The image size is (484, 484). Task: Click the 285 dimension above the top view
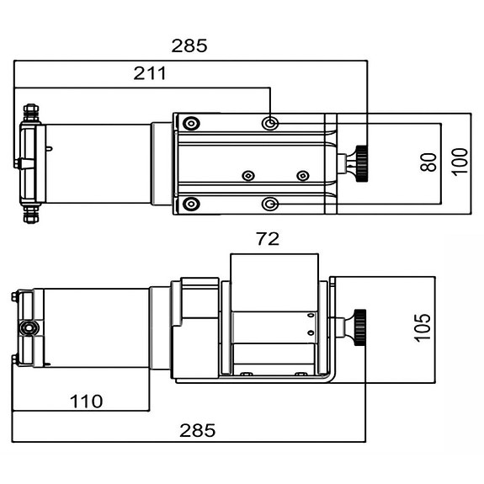click(189, 45)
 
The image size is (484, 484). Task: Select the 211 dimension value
click(150, 74)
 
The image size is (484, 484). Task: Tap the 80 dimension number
click(428, 161)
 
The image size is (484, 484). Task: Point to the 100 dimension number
click(459, 161)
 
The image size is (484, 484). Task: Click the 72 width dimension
click(267, 239)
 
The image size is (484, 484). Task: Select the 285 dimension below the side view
click(198, 430)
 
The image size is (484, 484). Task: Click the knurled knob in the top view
click(364, 162)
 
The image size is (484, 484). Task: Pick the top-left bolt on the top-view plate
click(193, 124)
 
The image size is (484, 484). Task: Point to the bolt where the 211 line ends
click(269, 124)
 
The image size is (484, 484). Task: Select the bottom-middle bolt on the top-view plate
click(269, 204)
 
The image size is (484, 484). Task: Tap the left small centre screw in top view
click(247, 176)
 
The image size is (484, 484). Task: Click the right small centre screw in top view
click(303, 176)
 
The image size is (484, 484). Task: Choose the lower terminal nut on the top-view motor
click(30, 215)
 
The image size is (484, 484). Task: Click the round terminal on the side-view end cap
click(30, 327)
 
